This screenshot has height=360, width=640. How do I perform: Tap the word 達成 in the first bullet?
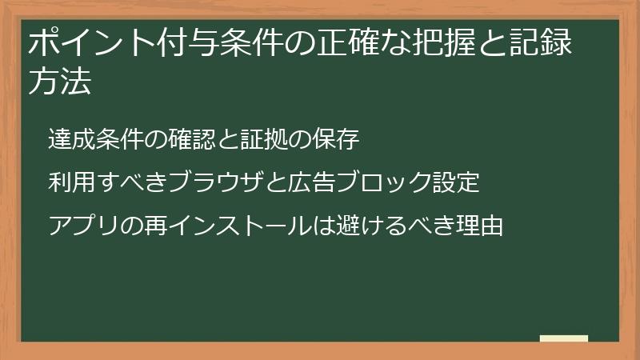click(x=73, y=139)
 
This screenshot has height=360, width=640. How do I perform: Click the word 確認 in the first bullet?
click(x=193, y=139)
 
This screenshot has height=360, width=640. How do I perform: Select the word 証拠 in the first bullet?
click(x=265, y=139)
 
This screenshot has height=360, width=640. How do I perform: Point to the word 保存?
click(x=337, y=139)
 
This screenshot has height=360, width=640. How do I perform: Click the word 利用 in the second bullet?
click(x=73, y=182)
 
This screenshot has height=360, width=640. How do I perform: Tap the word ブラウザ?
click(x=217, y=182)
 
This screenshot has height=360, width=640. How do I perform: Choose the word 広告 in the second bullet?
click(x=313, y=182)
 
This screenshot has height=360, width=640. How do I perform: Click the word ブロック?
click(x=385, y=182)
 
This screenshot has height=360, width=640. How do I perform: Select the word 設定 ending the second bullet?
click(x=456, y=182)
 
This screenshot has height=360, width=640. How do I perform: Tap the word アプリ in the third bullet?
click(x=85, y=226)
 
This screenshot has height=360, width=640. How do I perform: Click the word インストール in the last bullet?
click(x=241, y=226)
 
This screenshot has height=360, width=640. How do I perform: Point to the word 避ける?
click(x=372, y=226)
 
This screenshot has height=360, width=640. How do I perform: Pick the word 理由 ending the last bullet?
click(x=480, y=226)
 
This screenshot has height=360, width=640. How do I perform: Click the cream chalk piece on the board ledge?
click(x=563, y=338)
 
